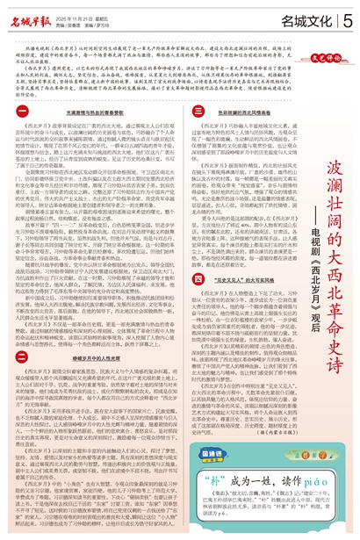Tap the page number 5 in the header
tap(349, 18)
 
